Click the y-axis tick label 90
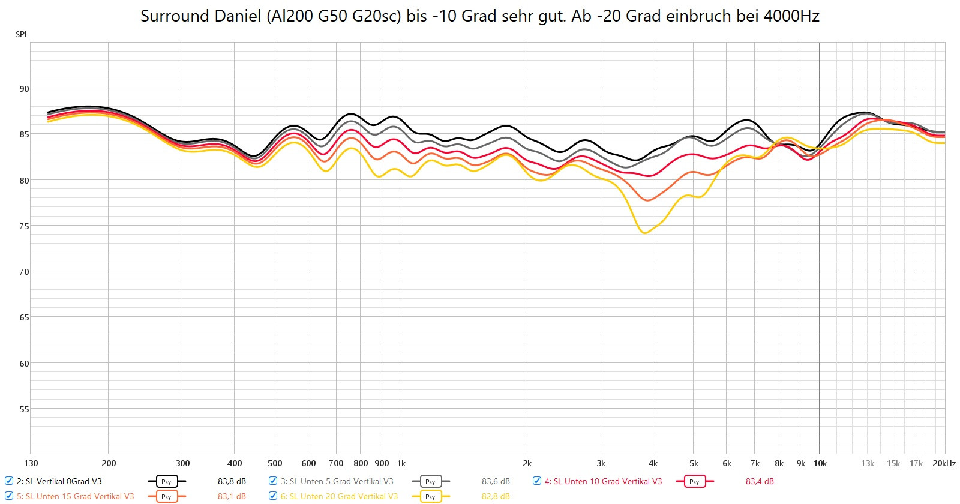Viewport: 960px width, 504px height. click(24, 89)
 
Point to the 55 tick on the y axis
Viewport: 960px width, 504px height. click(24, 409)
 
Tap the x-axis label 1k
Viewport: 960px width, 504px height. click(401, 463)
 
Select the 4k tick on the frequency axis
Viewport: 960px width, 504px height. click(653, 463)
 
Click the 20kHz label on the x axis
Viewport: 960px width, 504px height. click(944, 463)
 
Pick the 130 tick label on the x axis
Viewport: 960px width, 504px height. click(31, 463)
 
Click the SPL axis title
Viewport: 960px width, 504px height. click(22, 34)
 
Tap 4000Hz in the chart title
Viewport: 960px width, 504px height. click(791, 16)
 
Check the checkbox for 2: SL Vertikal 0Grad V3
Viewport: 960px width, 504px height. click(9, 481)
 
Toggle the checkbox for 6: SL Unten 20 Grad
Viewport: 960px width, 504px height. click(273, 496)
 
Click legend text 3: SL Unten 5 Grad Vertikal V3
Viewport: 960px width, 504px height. click(337, 481)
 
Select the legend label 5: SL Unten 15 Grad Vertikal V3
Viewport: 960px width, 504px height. click(75, 496)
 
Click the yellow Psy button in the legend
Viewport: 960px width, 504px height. click(430, 496)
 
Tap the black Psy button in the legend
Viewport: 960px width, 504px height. click(166, 481)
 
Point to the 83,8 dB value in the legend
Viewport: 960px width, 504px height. click(232, 481)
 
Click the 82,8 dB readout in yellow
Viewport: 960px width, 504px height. click(496, 496)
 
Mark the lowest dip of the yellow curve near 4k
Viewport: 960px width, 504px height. click(645, 233)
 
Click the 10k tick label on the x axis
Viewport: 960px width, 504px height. click(820, 463)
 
